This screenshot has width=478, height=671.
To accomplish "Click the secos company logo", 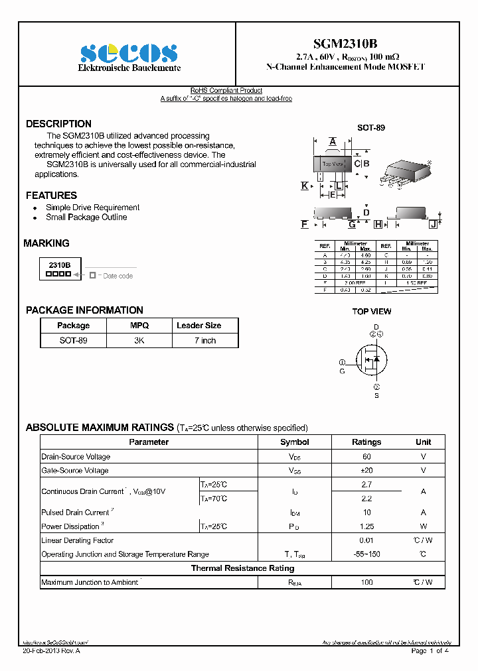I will point(129,53).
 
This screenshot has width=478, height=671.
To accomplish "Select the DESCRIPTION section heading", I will point(58,124).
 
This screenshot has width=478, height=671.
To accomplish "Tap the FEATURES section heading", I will point(51,196).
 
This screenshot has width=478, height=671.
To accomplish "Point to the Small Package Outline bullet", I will point(86,217).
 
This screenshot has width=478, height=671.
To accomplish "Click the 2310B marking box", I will point(60,269).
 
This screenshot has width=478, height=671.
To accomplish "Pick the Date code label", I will point(118,276).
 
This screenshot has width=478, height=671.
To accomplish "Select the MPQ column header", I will point(139,326).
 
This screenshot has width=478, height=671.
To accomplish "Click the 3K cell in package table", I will point(139,340).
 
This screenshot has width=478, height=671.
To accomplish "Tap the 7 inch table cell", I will point(204,340).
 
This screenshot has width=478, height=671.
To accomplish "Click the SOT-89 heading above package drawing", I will point(371,128).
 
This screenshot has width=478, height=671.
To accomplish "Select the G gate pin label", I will point(343,371).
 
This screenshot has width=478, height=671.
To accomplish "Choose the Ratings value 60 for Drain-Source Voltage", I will point(366,457).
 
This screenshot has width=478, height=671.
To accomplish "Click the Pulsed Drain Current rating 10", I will point(366,513).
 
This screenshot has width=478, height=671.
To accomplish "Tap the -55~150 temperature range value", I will point(366,554).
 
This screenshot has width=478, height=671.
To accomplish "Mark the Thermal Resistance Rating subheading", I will point(242,568).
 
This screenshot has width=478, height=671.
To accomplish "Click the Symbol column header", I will point(294,442).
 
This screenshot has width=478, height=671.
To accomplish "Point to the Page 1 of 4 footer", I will point(430,651).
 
